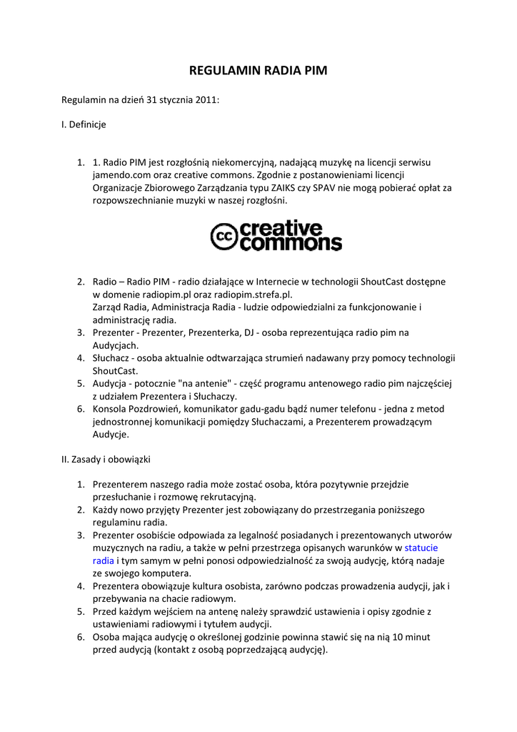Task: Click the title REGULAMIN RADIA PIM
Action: point(258,71)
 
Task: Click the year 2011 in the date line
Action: point(208,101)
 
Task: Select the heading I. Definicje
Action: point(84,124)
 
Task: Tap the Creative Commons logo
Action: point(276,237)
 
